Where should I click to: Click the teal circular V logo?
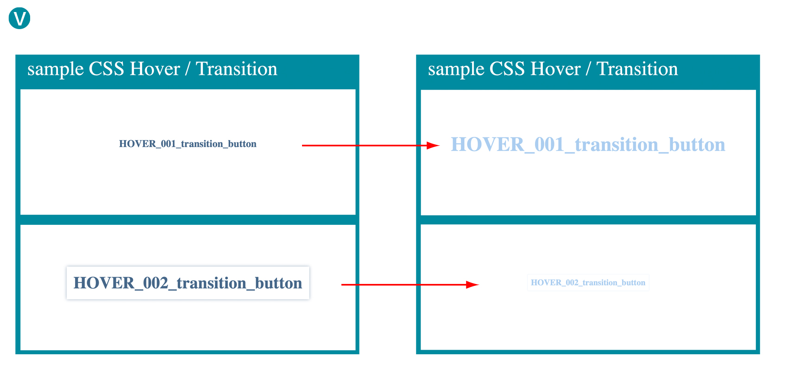coord(19,18)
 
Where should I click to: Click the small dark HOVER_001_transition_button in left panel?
coord(188,144)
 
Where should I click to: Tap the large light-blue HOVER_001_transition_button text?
coord(588,145)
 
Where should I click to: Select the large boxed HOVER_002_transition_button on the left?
coord(188,283)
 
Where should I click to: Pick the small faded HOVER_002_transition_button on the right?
coord(588,283)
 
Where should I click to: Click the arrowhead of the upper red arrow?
coord(433,146)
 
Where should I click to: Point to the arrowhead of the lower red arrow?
coord(472,285)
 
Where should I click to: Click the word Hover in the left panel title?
coord(155,69)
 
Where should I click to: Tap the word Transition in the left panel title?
coord(237,69)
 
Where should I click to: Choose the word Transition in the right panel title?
coord(637,69)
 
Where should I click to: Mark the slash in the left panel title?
coord(188,69)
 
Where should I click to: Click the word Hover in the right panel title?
coord(555,69)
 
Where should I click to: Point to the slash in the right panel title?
coord(588,69)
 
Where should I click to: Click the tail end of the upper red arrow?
coord(302,146)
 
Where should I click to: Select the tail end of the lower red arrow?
coord(342,285)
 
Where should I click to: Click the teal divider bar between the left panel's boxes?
coord(188,220)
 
